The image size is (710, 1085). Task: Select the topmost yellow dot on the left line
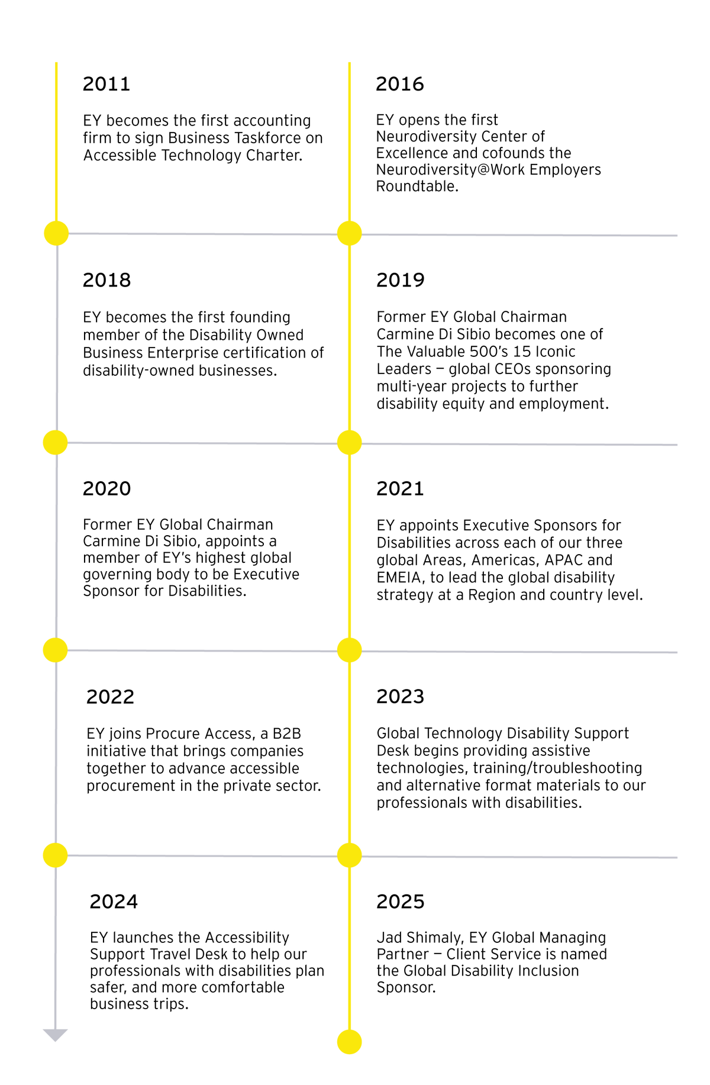point(56,233)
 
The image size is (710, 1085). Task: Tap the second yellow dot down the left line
point(56,442)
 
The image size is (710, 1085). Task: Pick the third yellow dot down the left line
point(55,649)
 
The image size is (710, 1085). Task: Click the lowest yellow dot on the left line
point(55,854)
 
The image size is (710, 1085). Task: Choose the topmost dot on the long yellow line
point(349,233)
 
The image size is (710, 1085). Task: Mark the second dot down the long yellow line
point(349,443)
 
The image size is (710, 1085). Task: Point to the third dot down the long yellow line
point(349,650)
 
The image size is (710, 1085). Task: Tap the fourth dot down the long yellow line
point(349,855)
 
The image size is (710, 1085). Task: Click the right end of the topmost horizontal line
point(677,236)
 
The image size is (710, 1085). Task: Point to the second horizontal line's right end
point(677,445)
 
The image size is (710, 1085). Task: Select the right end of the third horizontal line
point(677,652)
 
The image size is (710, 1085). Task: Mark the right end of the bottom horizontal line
point(677,857)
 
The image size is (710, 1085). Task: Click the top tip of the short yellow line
point(56,62)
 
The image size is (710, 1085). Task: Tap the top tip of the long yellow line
point(349,62)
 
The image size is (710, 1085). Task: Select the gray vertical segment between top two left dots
point(56,337)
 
